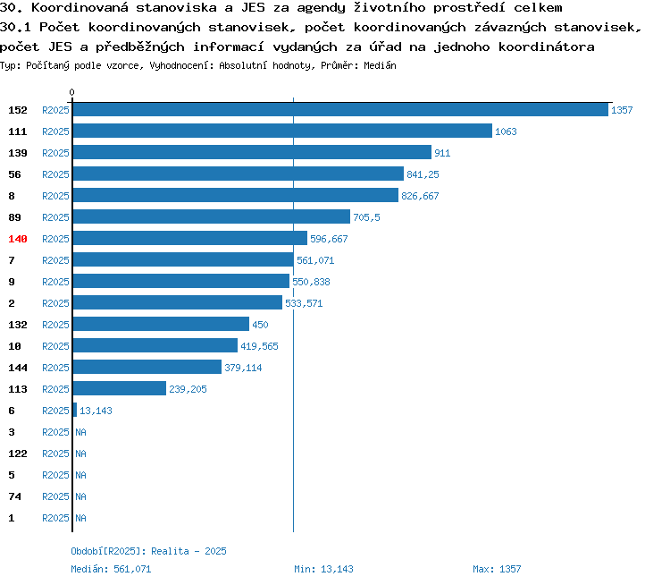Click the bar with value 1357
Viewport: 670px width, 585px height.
coord(340,109)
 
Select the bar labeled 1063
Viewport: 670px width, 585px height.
coord(282,131)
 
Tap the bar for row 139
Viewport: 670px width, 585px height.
coord(252,152)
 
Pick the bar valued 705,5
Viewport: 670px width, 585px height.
coord(212,217)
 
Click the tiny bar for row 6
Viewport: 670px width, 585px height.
coord(75,410)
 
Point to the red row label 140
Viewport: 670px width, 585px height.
coord(18,239)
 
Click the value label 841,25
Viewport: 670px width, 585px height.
coord(423,174)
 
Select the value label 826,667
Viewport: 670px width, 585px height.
coord(420,196)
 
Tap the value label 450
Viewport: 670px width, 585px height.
coord(260,325)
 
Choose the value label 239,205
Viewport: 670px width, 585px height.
coord(188,389)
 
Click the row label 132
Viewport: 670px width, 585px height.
coord(18,325)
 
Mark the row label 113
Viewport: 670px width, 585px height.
coord(18,389)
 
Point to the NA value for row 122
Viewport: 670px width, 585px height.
coord(80,454)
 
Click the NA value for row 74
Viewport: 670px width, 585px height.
coord(80,496)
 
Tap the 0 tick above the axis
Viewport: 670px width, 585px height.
coord(71,92)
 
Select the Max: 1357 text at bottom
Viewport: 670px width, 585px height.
coord(497,569)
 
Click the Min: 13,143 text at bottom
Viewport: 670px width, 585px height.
coord(323,569)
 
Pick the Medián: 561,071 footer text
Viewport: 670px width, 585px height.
coord(111,569)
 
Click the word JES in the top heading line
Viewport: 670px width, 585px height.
coord(253,8)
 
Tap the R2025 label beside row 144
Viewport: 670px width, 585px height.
coord(55,368)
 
